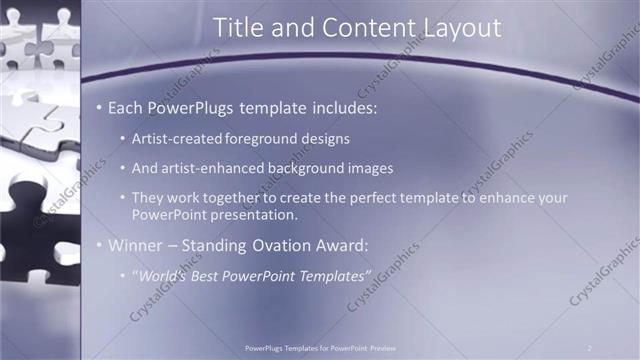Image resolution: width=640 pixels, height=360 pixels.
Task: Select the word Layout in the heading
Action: tap(452, 28)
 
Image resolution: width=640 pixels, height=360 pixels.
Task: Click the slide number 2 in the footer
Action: tap(590, 348)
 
